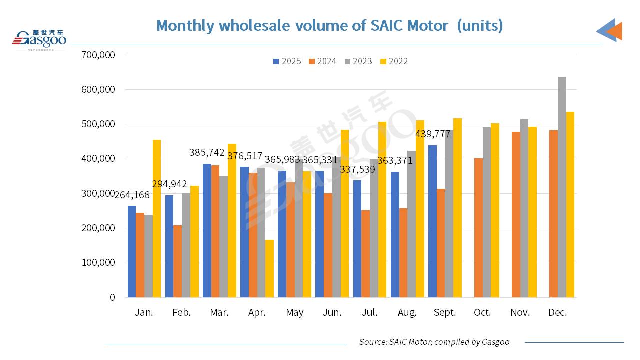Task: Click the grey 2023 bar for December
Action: tap(562, 187)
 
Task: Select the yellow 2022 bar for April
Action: tap(269, 269)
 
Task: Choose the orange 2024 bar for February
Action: tap(177, 261)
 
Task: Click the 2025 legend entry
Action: tap(287, 61)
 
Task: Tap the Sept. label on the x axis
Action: tap(445, 312)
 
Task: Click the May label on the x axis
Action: tap(295, 312)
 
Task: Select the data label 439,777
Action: tap(433, 134)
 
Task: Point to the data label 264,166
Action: tap(132, 195)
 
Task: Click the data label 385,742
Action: tap(207, 153)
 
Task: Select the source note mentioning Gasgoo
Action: tap(434, 342)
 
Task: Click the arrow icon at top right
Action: tap(610, 30)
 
